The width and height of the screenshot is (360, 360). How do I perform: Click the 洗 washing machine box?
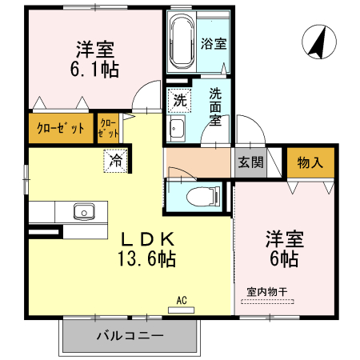click(x=178, y=102)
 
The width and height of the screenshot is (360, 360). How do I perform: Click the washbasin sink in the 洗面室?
click(x=178, y=130)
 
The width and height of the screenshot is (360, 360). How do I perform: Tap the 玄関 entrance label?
click(x=250, y=162)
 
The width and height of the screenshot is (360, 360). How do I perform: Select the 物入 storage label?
click(x=310, y=162)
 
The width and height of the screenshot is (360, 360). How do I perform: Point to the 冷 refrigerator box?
click(x=117, y=160)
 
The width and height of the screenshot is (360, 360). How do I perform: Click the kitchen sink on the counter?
click(x=82, y=212)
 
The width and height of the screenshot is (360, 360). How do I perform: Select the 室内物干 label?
click(x=265, y=293)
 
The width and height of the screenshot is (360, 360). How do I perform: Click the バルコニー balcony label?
click(x=130, y=335)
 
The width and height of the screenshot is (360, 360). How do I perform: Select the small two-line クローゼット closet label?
click(x=108, y=129)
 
